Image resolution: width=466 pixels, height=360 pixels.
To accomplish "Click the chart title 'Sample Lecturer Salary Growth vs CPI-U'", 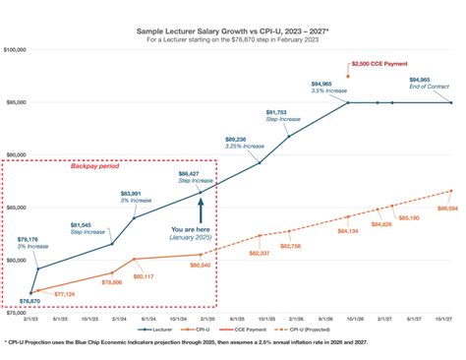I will (x=232, y=31).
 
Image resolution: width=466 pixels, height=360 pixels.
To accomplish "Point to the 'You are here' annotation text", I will (x=200, y=232).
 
